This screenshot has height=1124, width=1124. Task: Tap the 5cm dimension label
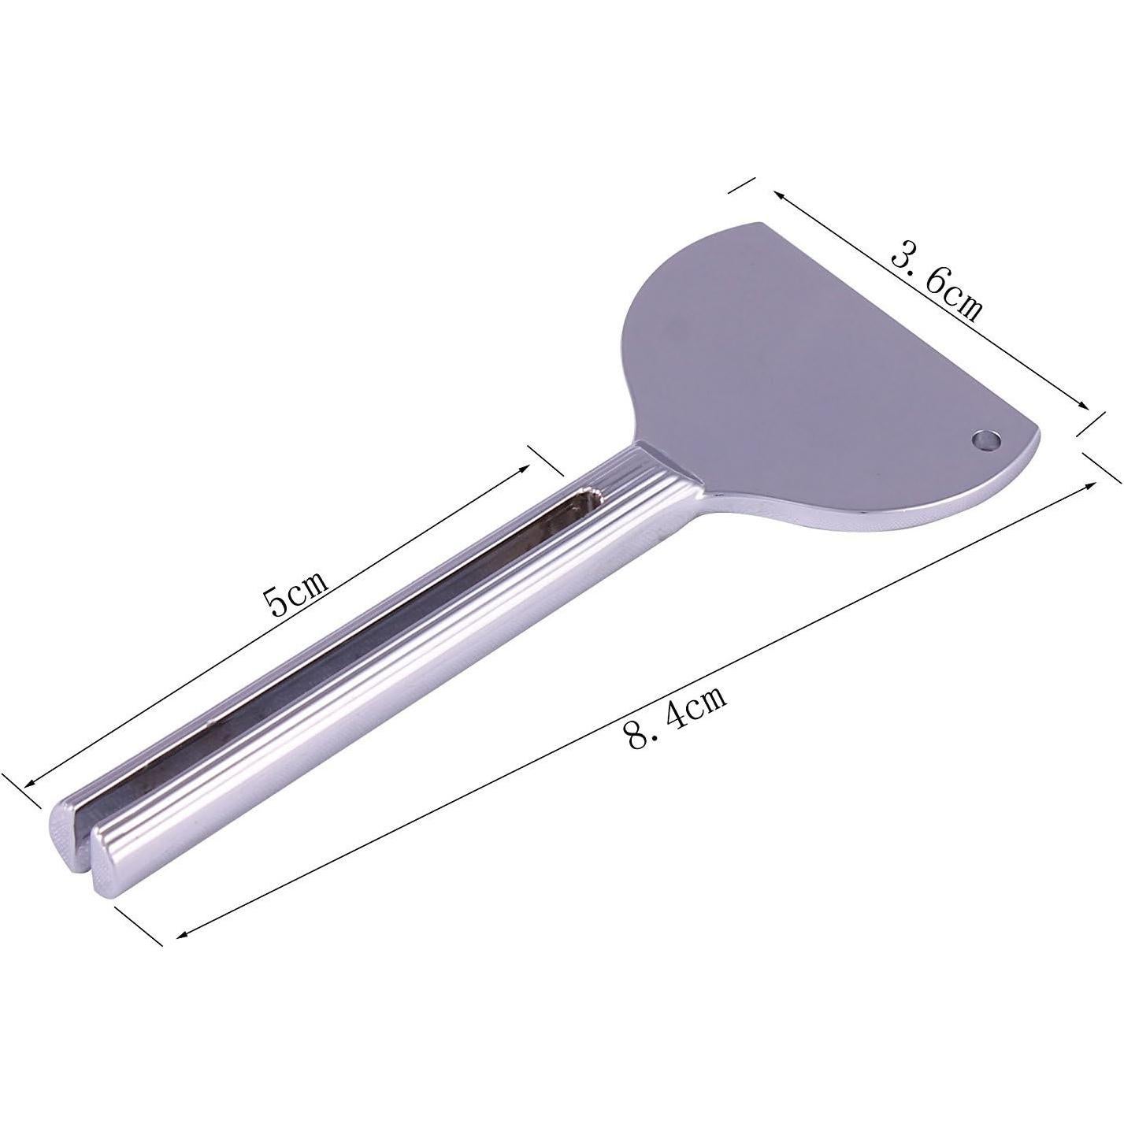pyautogui.click(x=296, y=588)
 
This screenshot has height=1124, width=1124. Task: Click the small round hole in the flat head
pyautogui.click(x=985, y=438)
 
